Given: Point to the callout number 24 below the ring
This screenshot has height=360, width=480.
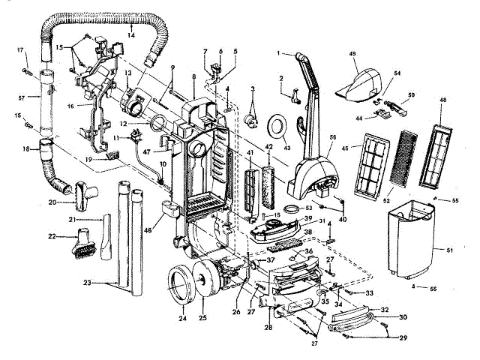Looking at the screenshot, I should click(182, 318).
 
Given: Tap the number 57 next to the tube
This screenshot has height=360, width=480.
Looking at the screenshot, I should click(21, 97).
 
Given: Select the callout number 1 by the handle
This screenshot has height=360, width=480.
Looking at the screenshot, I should click(278, 53).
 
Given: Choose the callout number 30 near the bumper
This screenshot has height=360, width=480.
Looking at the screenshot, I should click(403, 317).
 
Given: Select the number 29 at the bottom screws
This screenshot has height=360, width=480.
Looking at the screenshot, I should click(403, 340).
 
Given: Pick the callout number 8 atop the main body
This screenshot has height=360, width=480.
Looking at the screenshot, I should click(193, 77).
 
